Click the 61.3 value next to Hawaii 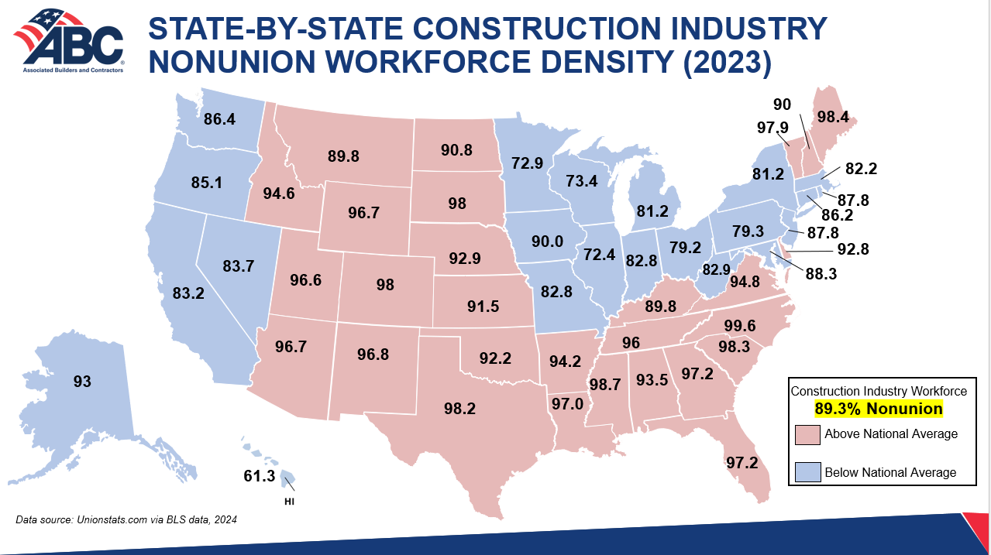260,476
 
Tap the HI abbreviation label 289,502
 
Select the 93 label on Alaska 82,382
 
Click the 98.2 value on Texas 460,409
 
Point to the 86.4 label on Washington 219,119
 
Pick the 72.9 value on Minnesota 528,163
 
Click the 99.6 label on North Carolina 740,326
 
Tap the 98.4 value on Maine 833,117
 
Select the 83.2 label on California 188,293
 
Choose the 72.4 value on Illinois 600,255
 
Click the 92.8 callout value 853,250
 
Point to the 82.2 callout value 862,169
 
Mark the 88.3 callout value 821,274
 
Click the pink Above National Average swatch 807,435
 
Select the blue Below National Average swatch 808,472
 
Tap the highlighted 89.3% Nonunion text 879,409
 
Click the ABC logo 69,41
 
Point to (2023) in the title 728,62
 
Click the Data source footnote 126,519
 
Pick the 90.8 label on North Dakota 456,150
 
